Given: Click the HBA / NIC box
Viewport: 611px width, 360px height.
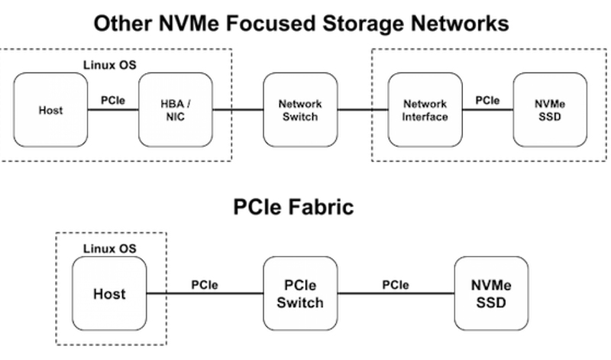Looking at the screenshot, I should click(x=175, y=110).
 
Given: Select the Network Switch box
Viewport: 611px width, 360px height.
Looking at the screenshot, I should click(x=300, y=110).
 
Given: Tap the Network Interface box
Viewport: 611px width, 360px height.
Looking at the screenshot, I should click(x=425, y=110).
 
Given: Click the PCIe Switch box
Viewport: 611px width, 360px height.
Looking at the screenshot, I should click(x=300, y=294).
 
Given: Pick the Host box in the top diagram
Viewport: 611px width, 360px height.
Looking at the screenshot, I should click(x=50, y=110).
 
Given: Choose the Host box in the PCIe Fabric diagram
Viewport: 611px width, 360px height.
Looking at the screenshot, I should click(x=109, y=294).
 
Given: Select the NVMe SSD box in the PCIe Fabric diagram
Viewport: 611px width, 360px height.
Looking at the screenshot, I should click(x=491, y=294).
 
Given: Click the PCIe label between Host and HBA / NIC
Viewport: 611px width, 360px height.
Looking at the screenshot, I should click(x=113, y=99).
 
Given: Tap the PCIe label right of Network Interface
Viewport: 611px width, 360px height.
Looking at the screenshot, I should click(x=487, y=99).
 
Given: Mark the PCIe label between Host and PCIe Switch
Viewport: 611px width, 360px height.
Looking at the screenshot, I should click(x=205, y=285).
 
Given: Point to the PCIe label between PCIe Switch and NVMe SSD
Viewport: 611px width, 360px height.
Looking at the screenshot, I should click(x=396, y=285).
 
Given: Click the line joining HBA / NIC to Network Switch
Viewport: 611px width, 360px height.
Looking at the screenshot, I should click(x=238, y=110).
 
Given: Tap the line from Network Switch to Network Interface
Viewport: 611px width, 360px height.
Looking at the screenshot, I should click(x=362, y=110).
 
